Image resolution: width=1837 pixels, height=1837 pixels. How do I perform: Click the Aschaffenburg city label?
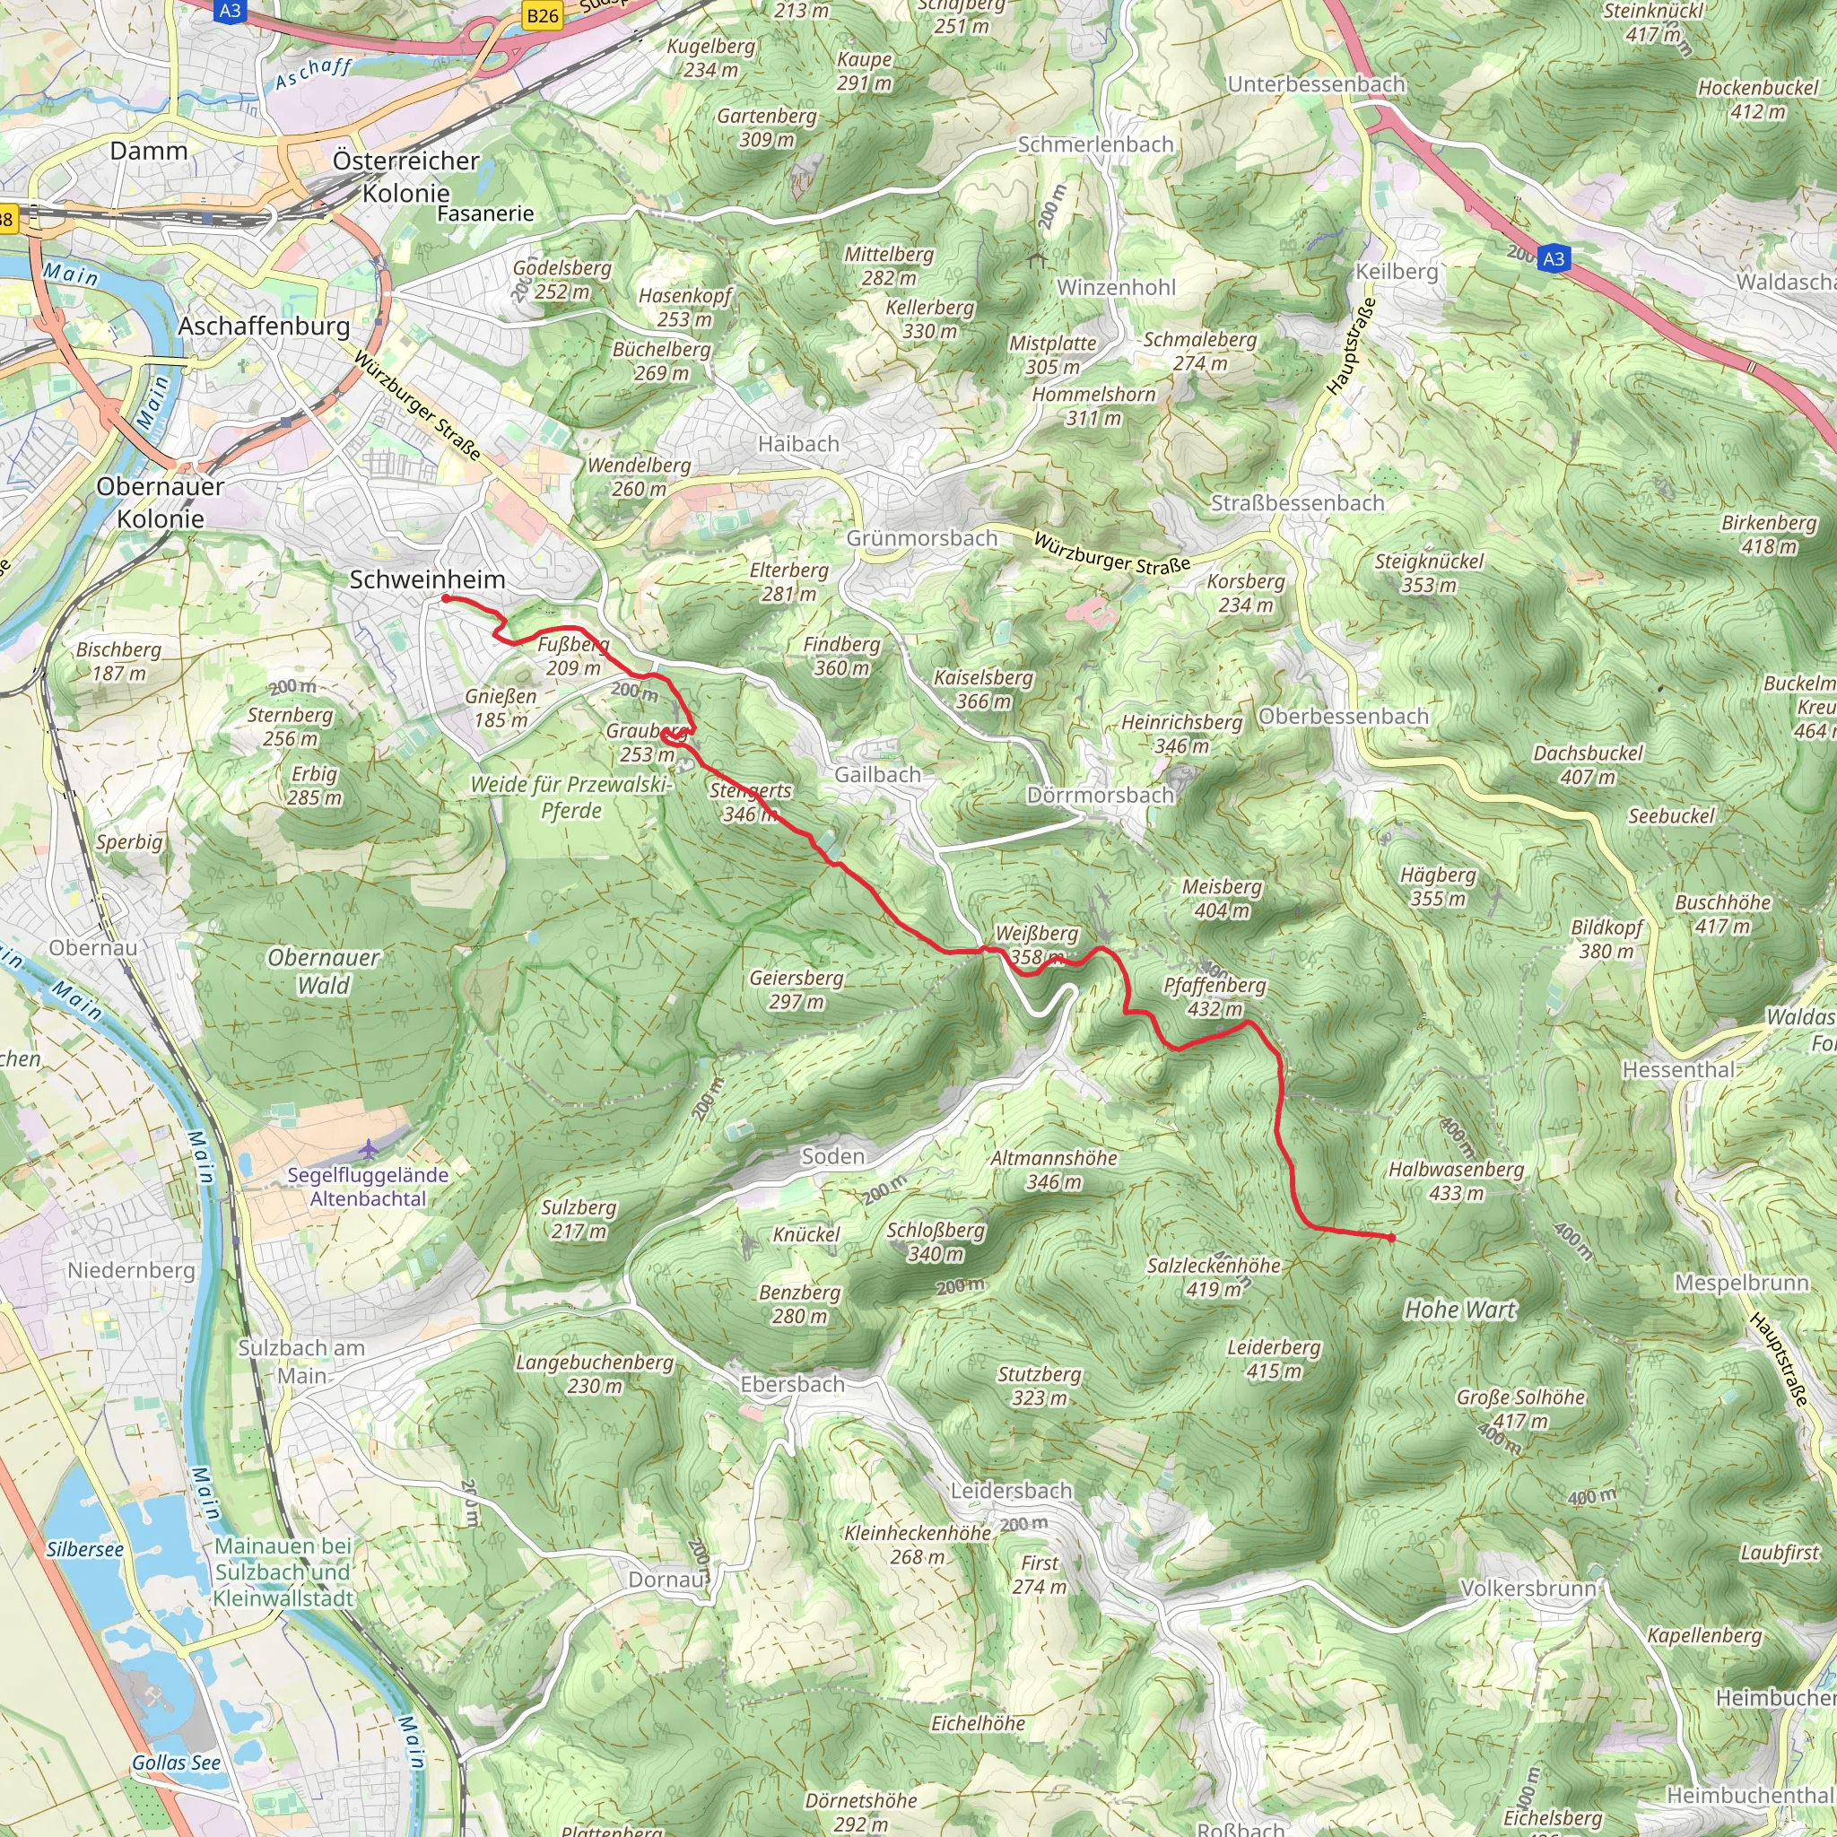tap(265, 326)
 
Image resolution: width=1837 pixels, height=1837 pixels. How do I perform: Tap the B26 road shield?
tap(542, 15)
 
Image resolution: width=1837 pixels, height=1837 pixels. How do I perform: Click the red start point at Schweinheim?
tap(445, 598)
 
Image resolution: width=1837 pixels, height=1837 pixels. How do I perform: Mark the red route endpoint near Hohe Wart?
tap(1391, 1238)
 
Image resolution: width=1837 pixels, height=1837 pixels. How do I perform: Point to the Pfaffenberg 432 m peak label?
tap(1215, 997)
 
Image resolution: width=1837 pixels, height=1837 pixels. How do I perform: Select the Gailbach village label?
tap(877, 775)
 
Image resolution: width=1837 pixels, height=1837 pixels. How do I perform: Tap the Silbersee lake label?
tap(85, 1549)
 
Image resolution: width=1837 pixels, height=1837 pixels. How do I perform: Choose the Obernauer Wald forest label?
tap(323, 971)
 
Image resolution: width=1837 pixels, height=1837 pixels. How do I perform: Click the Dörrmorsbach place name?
tap(1100, 795)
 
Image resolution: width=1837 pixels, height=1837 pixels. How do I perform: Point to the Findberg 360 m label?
tap(841, 656)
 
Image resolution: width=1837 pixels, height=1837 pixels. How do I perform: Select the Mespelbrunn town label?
tap(1741, 1283)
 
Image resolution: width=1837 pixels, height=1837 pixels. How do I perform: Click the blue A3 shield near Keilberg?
tap(1553, 258)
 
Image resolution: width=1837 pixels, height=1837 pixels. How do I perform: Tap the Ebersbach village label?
tap(792, 1384)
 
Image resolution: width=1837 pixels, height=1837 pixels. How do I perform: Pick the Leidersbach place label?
tap(1012, 1491)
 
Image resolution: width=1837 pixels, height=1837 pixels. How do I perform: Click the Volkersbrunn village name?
tap(1528, 1589)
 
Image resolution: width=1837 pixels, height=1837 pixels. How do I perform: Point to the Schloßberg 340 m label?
tap(936, 1241)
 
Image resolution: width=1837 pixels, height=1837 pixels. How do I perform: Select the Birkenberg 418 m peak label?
tap(1769, 535)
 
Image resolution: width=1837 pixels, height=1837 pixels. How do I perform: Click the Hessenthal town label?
tap(1678, 1070)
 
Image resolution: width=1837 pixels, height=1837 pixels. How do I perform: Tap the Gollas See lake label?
tap(176, 1763)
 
